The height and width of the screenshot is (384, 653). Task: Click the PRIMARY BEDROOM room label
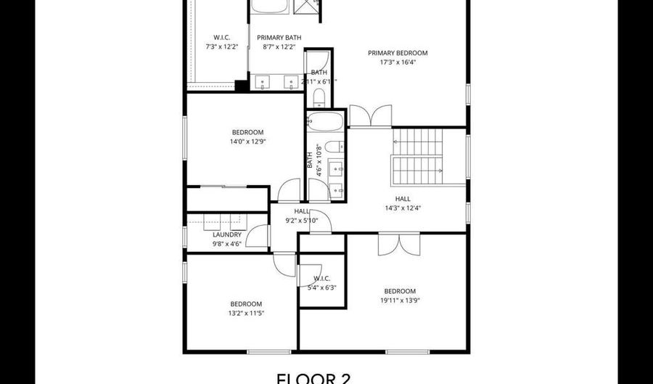pyautogui.click(x=397, y=53)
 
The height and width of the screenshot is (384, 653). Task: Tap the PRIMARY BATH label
pyautogui.click(x=282, y=38)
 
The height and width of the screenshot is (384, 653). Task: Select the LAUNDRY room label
pyautogui.click(x=227, y=234)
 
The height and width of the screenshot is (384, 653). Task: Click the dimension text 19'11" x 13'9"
pyautogui.click(x=400, y=300)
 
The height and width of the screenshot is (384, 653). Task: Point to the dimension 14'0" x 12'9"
pyautogui.click(x=247, y=142)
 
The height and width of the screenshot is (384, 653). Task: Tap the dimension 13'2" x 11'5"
pyautogui.click(x=246, y=313)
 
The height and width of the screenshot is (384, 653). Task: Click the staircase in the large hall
pyautogui.click(x=417, y=156)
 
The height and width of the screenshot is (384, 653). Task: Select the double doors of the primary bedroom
pyautogui.click(x=370, y=116)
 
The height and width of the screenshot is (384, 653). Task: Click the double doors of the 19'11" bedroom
pyautogui.click(x=398, y=244)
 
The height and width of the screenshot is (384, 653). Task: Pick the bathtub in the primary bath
pyautogui.click(x=270, y=8)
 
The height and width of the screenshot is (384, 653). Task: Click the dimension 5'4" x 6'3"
pyautogui.click(x=321, y=287)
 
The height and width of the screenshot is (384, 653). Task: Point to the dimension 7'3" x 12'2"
pyautogui.click(x=221, y=47)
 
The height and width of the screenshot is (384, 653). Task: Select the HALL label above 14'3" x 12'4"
pyautogui.click(x=403, y=198)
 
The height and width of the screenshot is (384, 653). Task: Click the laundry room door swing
pyautogui.click(x=258, y=236)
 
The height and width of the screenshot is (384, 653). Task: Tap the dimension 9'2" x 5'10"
pyautogui.click(x=301, y=220)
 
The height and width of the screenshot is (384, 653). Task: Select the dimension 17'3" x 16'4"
pyautogui.click(x=397, y=62)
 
